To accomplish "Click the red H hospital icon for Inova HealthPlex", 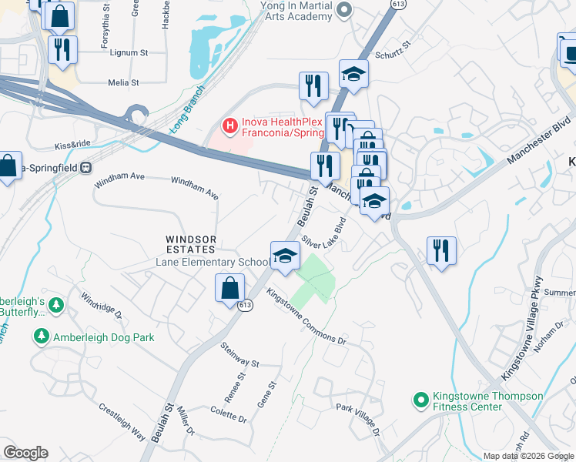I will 228,124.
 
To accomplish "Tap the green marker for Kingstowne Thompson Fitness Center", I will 420,400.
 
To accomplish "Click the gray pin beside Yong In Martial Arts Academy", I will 344,9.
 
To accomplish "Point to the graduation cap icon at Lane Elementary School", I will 284,255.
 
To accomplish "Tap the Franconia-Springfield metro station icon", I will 86,166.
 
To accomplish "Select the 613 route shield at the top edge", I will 397,4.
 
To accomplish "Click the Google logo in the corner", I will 25,453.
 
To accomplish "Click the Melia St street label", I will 123,82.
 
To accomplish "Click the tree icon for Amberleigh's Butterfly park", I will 56,306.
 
